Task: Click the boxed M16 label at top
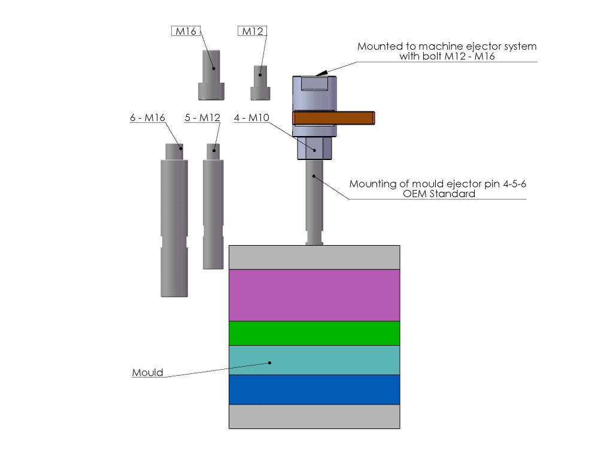[x=185, y=32]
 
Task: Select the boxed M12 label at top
[x=252, y=32]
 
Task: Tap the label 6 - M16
[x=147, y=118]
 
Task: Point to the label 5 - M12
[x=202, y=118]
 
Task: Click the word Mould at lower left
[x=147, y=372]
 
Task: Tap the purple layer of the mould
[x=314, y=295]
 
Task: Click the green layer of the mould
[x=314, y=333]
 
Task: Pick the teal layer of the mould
[x=314, y=360]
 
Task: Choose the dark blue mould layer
[x=314, y=390]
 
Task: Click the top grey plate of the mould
[x=314, y=257]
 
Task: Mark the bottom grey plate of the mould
[x=314, y=416]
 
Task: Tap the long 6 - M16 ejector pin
[x=174, y=222]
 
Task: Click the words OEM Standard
[x=438, y=194]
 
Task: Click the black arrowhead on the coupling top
[x=322, y=72]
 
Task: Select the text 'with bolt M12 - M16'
[x=447, y=56]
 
